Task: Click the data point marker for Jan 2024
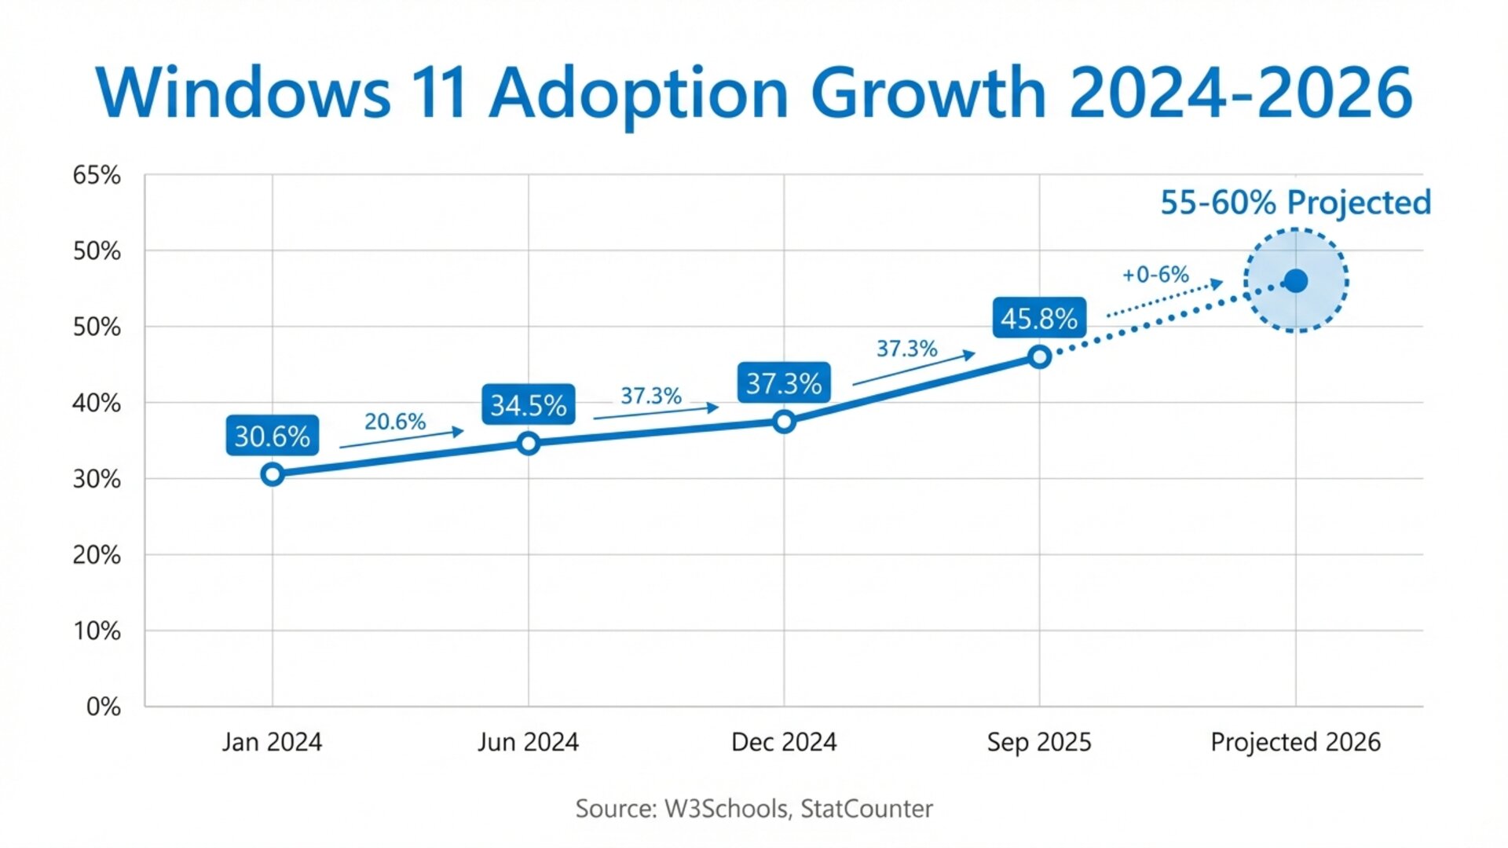pos(273,474)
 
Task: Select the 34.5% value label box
pos(528,405)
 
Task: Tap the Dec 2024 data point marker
pos(784,422)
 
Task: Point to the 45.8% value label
pos(1039,318)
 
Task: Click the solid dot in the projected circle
pos(1296,281)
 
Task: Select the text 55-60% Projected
pos(1296,203)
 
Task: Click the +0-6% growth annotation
pos(1155,275)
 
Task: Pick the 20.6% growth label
pos(395,422)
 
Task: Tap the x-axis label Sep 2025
pos(1039,742)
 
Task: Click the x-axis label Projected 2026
pos(1295,742)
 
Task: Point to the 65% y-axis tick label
pos(97,175)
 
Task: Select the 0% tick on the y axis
pos(103,707)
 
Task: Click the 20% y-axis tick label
pos(97,555)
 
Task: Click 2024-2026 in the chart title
pos(1241,93)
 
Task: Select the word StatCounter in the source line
pos(866,809)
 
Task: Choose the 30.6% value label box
pos(273,436)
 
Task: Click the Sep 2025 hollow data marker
pos(1039,357)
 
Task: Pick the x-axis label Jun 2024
pos(528,742)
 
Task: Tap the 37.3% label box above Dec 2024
pos(784,383)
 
